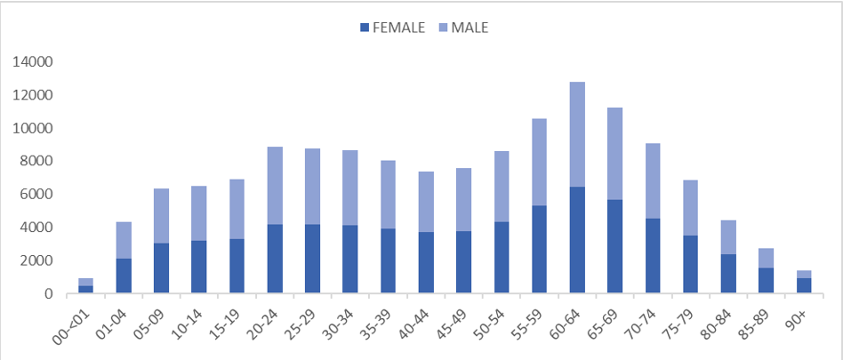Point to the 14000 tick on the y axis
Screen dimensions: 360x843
pyautogui.click(x=32, y=62)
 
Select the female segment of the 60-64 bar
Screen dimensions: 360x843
pyautogui.click(x=577, y=240)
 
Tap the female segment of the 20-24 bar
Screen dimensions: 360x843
pyautogui.click(x=275, y=259)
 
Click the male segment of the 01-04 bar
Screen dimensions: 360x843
pyautogui.click(x=123, y=240)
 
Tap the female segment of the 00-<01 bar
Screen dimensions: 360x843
pyautogui.click(x=85, y=289)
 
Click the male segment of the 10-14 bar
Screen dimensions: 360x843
pyautogui.click(x=198, y=213)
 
